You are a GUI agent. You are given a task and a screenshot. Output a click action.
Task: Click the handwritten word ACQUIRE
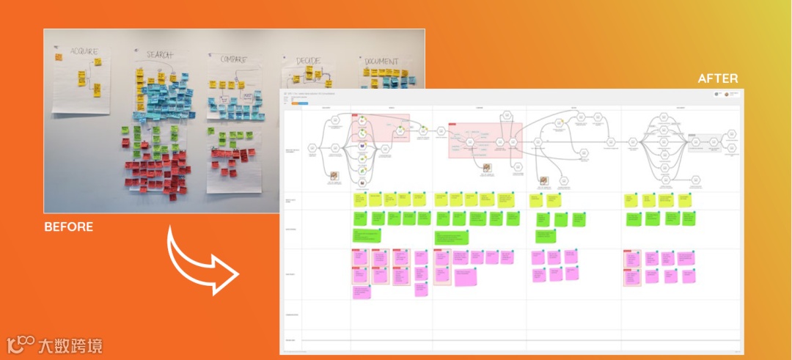pos(84,52)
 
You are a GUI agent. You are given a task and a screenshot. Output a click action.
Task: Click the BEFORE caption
pos(69,227)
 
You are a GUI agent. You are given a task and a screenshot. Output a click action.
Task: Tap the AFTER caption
pos(717,78)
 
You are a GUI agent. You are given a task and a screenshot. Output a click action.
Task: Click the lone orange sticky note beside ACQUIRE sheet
pos(58,56)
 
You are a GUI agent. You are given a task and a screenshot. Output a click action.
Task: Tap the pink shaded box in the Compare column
pos(485,140)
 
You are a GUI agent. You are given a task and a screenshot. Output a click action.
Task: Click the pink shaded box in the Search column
pos(380,128)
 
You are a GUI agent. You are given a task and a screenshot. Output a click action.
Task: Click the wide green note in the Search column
pos(367,235)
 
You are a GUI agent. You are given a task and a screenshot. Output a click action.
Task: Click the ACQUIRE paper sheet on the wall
pos(81,81)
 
